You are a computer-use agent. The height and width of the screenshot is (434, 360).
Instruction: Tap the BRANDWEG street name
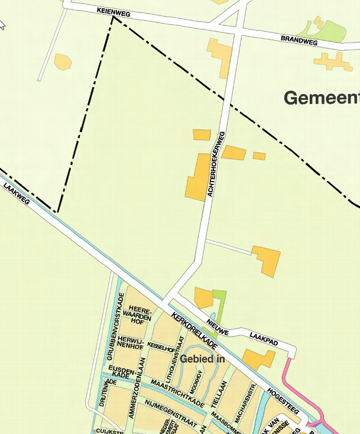coord(299,41)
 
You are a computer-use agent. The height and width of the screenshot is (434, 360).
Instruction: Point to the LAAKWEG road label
coord(16,193)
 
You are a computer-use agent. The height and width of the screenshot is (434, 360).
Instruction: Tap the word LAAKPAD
coord(263,338)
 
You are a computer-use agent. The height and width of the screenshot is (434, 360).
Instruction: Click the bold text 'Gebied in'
coord(203,359)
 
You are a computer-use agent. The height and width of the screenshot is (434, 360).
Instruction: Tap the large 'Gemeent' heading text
coord(322,98)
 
